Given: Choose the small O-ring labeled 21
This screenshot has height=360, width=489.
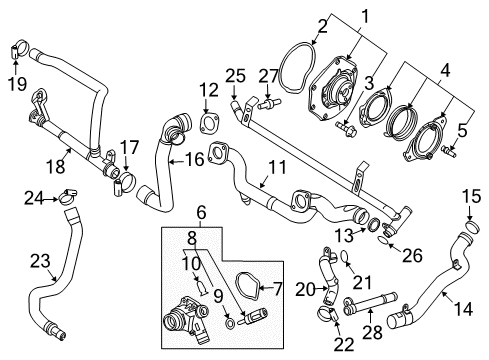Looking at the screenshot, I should [x=344, y=260].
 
